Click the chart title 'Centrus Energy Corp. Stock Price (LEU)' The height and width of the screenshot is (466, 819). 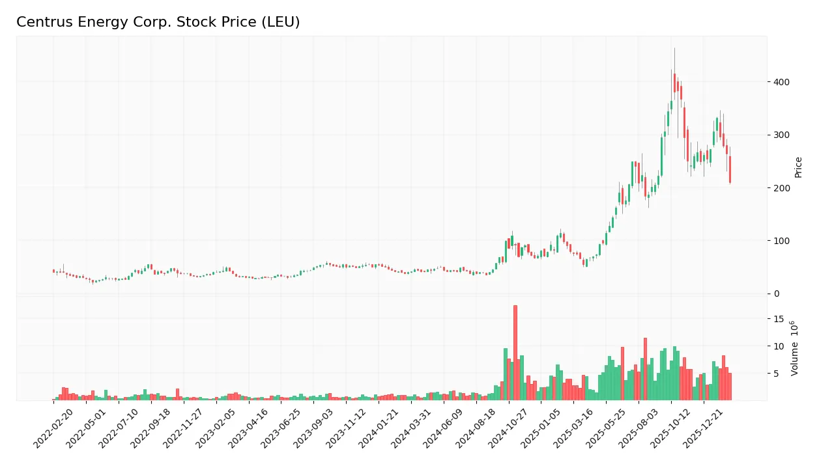tap(158, 22)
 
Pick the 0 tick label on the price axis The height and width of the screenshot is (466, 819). tap(775, 294)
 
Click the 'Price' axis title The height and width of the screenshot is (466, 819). tap(798, 167)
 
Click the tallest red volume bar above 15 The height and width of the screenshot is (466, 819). tap(515, 352)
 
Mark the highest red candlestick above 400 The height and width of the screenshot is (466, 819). tap(674, 83)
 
